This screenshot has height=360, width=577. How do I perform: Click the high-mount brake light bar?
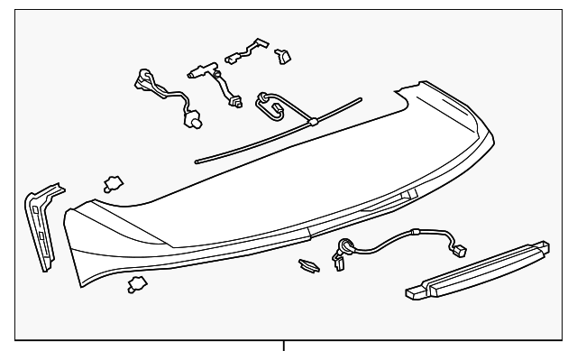tap(477, 271)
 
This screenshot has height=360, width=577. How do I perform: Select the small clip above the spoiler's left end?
tap(114, 184)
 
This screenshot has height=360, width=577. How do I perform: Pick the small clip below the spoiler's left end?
tap(137, 285)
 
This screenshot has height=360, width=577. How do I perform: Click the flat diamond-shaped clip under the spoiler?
tap(307, 265)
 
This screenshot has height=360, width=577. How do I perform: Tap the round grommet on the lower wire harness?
tap(345, 245)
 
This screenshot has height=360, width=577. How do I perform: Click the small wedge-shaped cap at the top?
tap(283, 56)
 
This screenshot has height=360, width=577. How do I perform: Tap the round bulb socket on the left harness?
tap(191, 117)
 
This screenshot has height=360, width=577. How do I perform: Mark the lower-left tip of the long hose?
tap(197, 162)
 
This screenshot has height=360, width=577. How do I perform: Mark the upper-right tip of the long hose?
tap(360, 99)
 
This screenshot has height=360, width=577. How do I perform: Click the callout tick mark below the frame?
tap(284, 346)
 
